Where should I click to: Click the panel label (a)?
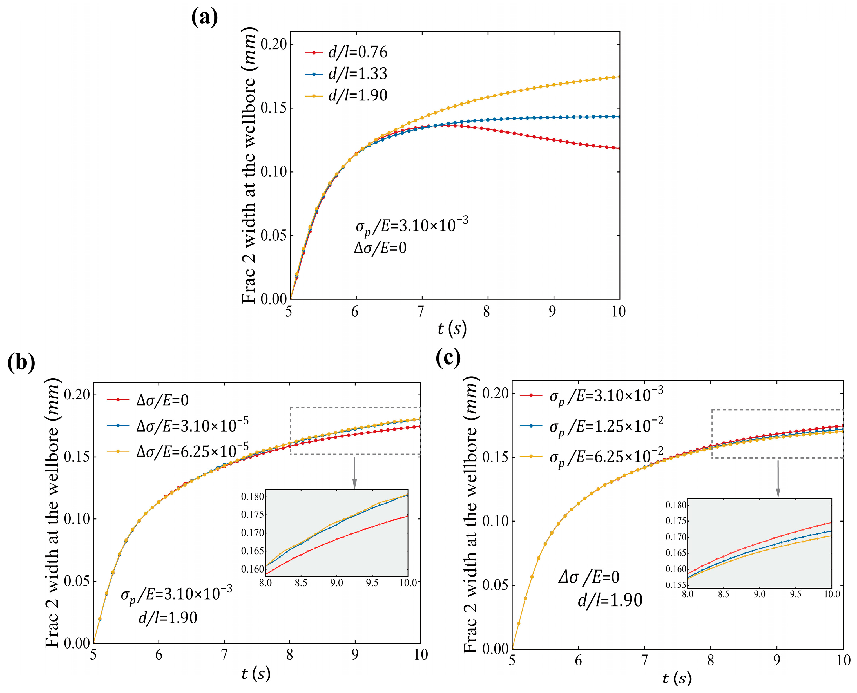pos(204,18)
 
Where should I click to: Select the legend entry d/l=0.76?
pos(346,52)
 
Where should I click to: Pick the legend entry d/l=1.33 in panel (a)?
pos(346,74)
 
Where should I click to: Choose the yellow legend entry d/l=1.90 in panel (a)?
pos(346,95)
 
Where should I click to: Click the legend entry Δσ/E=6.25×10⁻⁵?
pos(178,451)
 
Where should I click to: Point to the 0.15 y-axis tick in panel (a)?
pos(274,108)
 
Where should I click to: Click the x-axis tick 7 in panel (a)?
pos(421,311)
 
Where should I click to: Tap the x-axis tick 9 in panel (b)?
pos(355,654)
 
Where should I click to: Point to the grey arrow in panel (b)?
pos(354,472)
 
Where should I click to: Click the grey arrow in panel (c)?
pos(778,479)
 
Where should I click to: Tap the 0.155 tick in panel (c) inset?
pos(676,585)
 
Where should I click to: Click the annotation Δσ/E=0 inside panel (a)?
pos(380,248)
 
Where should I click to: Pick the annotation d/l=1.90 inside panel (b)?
pos(168,618)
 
